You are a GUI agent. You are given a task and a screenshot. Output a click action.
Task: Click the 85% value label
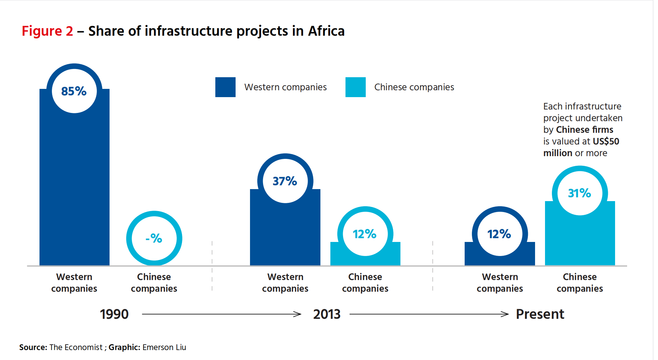74,91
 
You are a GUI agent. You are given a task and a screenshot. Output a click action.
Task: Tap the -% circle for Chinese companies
154,238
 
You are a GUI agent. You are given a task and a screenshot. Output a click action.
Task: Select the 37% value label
285,181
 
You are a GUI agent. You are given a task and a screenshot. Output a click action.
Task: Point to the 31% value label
579,193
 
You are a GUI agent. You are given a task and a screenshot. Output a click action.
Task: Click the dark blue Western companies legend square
225,87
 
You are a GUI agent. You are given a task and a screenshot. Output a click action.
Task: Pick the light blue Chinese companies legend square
355,87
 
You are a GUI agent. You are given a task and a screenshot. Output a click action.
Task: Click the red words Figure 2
47,31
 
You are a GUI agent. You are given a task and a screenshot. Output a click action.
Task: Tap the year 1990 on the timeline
114,314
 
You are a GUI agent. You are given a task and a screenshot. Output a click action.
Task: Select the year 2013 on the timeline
327,314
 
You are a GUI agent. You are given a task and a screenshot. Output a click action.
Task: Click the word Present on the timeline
540,314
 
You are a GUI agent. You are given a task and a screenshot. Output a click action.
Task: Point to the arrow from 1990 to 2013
222,314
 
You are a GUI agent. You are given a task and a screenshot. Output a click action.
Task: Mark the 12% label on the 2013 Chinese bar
364,234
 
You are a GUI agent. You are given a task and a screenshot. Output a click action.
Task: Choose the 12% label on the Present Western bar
499,234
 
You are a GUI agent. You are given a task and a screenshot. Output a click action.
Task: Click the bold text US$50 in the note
606,141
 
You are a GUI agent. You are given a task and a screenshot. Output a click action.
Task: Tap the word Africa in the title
326,31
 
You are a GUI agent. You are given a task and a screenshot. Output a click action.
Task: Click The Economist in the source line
76,347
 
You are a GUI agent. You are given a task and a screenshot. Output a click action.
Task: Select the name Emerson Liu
164,347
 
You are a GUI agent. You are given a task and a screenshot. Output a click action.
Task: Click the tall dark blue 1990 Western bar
74,189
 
